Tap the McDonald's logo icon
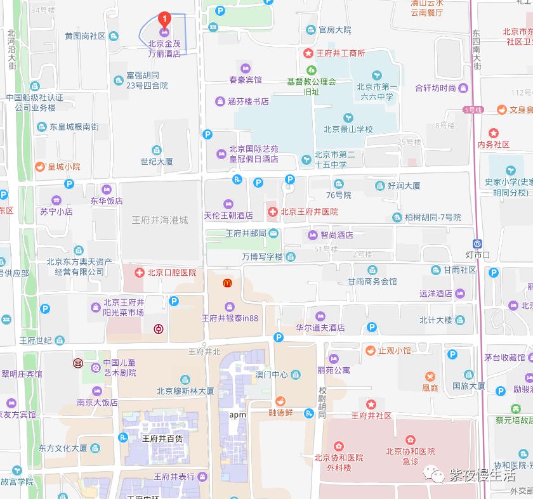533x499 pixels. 227,283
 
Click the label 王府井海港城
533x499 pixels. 159,220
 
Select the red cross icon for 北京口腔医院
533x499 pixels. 139,273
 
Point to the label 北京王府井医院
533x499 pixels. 309,212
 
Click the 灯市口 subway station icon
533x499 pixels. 477,243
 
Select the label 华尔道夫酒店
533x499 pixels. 320,328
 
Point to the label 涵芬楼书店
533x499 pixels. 247,101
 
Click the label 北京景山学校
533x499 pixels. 348,129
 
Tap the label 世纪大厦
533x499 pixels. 157,162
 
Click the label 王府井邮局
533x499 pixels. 246,233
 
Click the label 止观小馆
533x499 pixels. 394,350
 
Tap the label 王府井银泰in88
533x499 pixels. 230,318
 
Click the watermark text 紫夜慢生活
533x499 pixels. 482,475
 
